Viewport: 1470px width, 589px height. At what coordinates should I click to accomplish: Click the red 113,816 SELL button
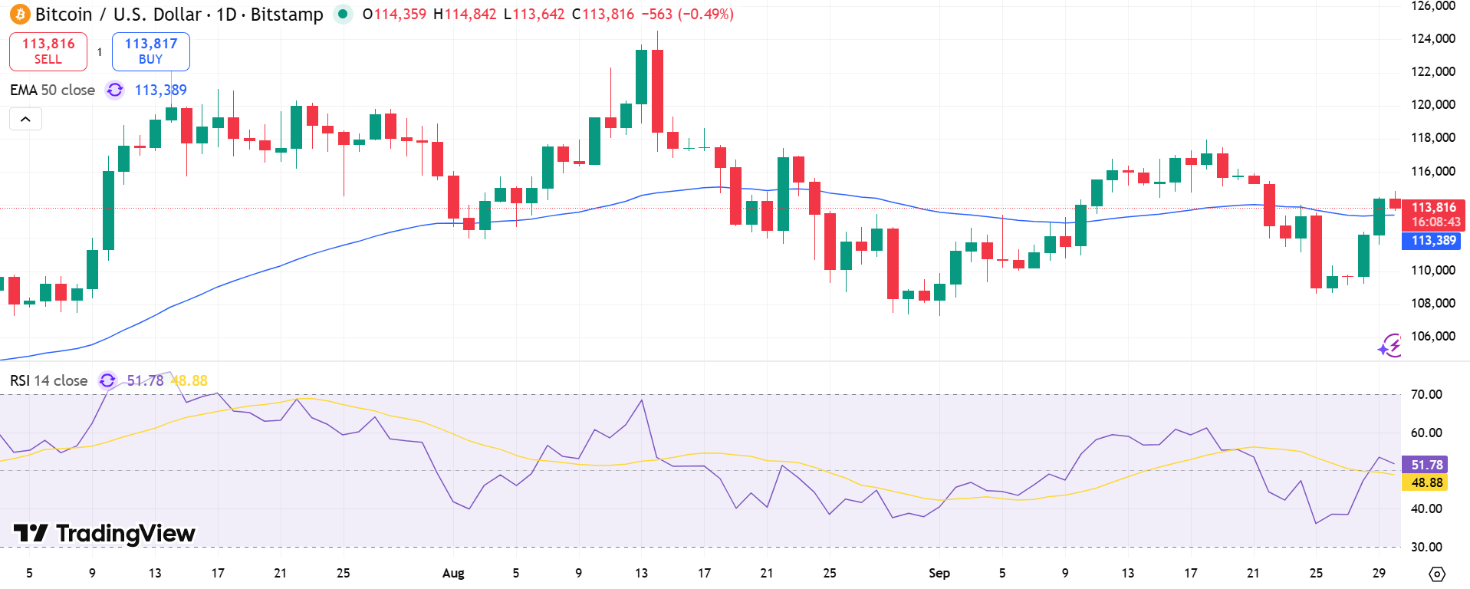tap(48, 51)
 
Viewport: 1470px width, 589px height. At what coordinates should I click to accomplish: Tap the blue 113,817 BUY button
tap(151, 51)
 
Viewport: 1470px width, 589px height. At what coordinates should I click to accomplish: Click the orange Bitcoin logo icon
tap(19, 15)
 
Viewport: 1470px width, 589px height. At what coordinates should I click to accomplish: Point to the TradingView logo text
tap(105, 533)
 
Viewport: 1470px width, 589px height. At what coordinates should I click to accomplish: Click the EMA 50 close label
tap(52, 90)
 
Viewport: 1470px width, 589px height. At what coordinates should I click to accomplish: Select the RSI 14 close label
tap(48, 380)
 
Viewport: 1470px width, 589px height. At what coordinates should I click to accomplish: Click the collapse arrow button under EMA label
tap(25, 119)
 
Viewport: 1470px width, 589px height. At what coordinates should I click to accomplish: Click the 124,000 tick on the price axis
tap(1432, 38)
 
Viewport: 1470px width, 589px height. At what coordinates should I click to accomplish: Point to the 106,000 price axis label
tap(1432, 336)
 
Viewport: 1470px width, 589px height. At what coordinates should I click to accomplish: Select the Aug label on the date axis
tap(453, 573)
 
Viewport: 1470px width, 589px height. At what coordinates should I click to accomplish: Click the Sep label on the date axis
tap(939, 573)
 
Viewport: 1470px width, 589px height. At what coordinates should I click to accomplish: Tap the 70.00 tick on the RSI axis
tap(1426, 394)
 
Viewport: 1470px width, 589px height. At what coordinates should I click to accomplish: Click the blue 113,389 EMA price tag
tap(1432, 241)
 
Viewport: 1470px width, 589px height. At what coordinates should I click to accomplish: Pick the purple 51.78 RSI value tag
tap(1426, 465)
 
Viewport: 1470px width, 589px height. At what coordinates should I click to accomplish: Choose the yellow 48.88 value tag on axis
tap(1426, 482)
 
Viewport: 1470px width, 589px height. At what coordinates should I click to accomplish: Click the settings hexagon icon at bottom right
tap(1437, 574)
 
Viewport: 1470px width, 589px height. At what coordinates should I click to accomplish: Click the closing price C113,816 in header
tap(603, 15)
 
